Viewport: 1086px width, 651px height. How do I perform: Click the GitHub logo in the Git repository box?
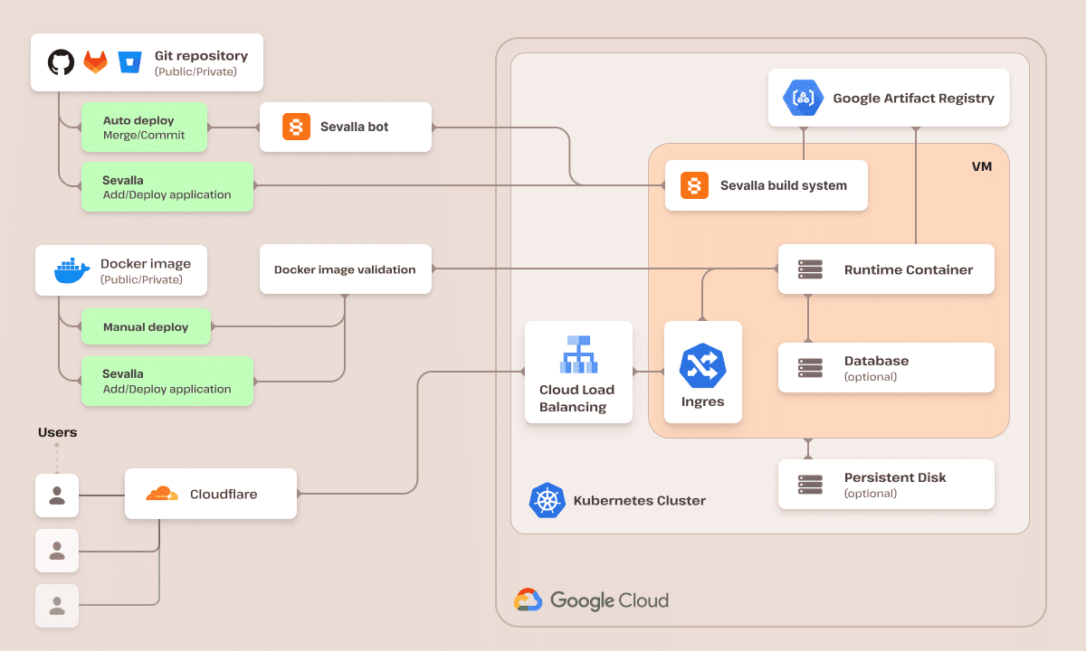pyautogui.click(x=61, y=62)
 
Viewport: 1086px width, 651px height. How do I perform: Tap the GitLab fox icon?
pyautogui.click(x=95, y=62)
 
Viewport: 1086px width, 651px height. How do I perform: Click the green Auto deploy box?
pyautogui.click(x=144, y=127)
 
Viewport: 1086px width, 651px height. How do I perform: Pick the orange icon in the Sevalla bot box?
pyautogui.click(x=296, y=127)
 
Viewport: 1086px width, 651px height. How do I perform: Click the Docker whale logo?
pyautogui.click(x=71, y=270)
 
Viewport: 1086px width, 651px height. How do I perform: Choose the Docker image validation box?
pyautogui.click(x=345, y=269)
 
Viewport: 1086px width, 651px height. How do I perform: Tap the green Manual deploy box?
pyautogui.click(x=146, y=327)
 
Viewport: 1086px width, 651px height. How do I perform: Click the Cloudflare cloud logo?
pyautogui.click(x=162, y=494)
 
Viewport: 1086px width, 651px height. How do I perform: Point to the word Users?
pyautogui.click(x=57, y=432)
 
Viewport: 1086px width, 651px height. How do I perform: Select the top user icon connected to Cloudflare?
pyautogui.click(x=57, y=495)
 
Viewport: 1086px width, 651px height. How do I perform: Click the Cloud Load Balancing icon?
pyautogui.click(x=577, y=354)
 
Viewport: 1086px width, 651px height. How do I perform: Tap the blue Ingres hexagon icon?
pyautogui.click(x=703, y=366)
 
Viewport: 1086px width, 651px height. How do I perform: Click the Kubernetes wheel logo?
pyautogui.click(x=547, y=501)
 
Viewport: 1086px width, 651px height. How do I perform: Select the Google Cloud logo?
pyautogui.click(x=528, y=599)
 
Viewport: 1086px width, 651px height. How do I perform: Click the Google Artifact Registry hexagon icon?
pyautogui.click(x=804, y=98)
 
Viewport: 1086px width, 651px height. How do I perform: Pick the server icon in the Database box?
pyautogui.click(x=810, y=368)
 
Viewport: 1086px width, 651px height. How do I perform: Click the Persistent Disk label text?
pyautogui.click(x=894, y=477)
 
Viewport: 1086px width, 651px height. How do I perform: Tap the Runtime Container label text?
pyautogui.click(x=908, y=269)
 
